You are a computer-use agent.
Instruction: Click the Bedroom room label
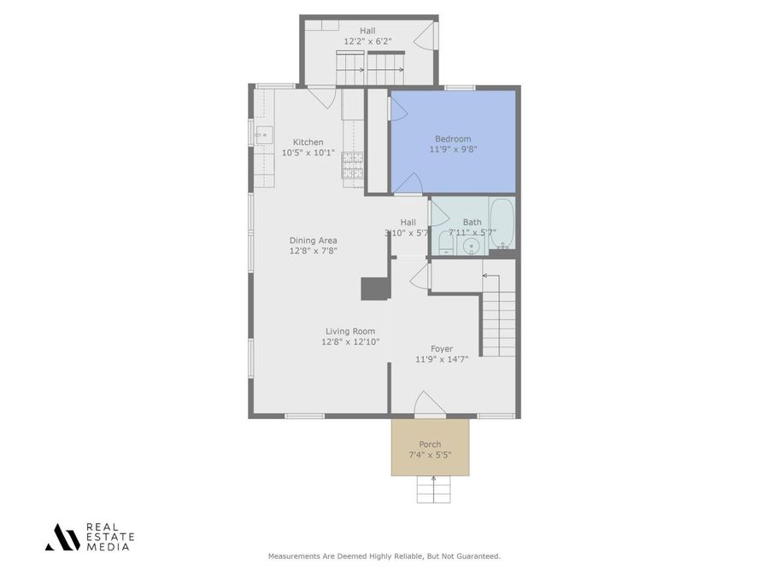(453, 139)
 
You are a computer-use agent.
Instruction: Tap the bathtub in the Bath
(501, 223)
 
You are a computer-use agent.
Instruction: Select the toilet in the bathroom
(445, 245)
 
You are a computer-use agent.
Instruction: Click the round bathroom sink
(472, 247)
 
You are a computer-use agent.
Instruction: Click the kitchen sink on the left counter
(263, 134)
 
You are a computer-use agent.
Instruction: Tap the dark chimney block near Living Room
(375, 288)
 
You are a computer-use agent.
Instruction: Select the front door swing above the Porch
(428, 404)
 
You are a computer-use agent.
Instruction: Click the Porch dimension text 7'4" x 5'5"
(430, 455)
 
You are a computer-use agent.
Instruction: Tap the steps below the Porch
(434, 489)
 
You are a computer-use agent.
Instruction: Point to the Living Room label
(350, 331)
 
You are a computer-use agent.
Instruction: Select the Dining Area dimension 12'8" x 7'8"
(314, 251)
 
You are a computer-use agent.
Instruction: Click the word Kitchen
(308, 143)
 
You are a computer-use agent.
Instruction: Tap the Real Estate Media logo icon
(62, 537)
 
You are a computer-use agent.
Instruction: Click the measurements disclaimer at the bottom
(384, 556)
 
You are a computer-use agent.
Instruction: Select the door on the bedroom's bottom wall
(408, 184)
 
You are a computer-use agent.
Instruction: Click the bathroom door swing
(438, 213)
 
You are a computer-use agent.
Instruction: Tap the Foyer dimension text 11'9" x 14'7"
(442, 359)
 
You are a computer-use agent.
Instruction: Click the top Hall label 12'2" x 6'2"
(367, 41)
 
